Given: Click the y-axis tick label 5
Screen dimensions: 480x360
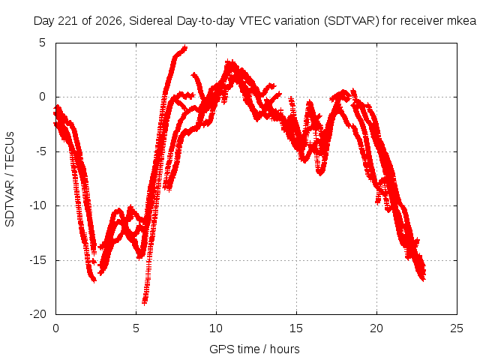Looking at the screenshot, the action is coord(42,43).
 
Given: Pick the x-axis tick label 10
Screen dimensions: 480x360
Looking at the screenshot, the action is coord(216,328).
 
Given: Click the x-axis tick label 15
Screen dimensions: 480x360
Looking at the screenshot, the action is coord(296,328).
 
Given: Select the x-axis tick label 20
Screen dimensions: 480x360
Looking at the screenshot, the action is coord(376,328).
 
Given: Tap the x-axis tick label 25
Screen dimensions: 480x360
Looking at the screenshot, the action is coord(457,328).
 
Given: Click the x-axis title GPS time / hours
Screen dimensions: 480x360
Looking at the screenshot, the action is coord(254,349).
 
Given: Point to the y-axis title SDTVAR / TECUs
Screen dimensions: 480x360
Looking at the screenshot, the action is coord(10,179).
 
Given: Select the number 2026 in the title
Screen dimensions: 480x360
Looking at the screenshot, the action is coord(109,21).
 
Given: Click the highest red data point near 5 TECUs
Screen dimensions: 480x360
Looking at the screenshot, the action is coord(184,47).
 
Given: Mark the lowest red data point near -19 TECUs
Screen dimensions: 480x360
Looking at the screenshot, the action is coord(144,302).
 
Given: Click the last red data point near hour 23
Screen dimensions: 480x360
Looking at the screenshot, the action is coord(423,278).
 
